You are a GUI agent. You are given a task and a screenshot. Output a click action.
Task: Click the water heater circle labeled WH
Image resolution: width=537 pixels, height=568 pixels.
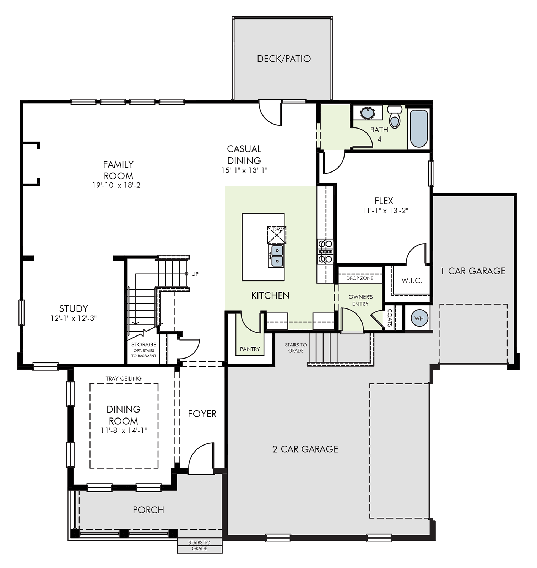pyautogui.click(x=419, y=318)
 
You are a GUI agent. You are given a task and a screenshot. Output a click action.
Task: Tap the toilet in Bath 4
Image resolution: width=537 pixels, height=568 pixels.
pyautogui.click(x=395, y=117)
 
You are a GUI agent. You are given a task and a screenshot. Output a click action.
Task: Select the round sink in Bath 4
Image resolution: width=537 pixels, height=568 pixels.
pyautogui.click(x=367, y=113)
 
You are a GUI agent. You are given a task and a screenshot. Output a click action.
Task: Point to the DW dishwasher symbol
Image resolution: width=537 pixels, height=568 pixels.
pyautogui.click(x=277, y=235)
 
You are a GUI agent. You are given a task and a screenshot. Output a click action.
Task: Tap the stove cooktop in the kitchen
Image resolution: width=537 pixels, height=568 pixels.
pyautogui.click(x=325, y=251)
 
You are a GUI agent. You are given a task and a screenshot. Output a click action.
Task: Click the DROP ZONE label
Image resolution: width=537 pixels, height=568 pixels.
pyautogui.click(x=360, y=278)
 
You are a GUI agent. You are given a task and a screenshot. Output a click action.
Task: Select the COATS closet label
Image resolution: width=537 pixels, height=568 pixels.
pyautogui.click(x=390, y=317)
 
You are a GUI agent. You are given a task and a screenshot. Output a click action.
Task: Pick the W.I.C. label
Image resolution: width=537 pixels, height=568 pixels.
pyautogui.click(x=412, y=280)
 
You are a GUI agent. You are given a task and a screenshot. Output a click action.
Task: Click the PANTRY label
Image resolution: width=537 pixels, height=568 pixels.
pyautogui.click(x=250, y=349)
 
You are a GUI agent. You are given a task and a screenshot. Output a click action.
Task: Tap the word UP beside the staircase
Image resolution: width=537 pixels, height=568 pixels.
pyautogui.click(x=195, y=274)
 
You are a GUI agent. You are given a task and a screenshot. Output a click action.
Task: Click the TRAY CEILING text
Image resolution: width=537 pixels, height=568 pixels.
pyautogui.click(x=124, y=378)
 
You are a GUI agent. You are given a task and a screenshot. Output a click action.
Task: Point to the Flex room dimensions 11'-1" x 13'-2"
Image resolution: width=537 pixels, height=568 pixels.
pyautogui.click(x=385, y=211)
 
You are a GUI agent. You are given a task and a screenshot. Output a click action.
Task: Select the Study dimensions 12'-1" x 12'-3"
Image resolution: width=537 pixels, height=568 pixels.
pyautogui.click(x=74, y=318)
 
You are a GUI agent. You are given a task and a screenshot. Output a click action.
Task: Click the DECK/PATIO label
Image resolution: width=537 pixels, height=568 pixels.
pyautogui.click(x=284, y=59)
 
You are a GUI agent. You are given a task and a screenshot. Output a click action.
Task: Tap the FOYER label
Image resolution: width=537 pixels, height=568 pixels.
pyautogui.click(x=202, y=414)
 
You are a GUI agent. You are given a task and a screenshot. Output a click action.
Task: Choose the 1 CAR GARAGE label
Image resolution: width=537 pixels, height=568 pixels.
pyautogui.click(x=473, y=271)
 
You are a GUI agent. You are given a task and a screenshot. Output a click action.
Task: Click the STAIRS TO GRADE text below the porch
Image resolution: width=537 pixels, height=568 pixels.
pyautogui.click(x=199, y=545)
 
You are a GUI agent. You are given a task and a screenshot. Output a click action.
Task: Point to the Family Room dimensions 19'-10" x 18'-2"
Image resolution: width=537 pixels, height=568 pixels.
pyautogui.click(x=118, y=185)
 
